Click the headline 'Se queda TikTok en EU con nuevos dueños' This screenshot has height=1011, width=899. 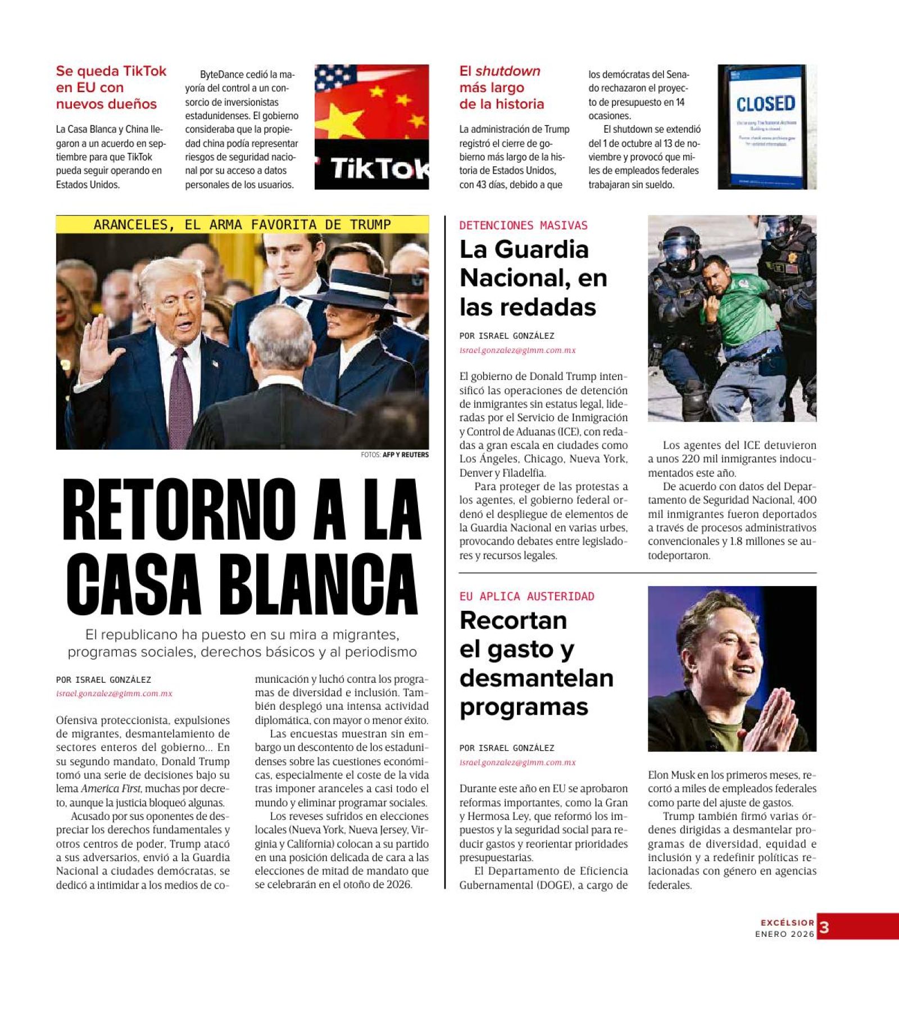pyautogui.click(x=111, y=88)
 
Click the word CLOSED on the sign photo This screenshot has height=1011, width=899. pyautogui.click(x=765, y=104)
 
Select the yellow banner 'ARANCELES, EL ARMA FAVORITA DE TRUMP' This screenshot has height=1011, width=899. pyautogui.click(x=242, y=225)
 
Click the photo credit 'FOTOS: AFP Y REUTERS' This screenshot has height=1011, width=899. pyautogui.click(x=394, y=455)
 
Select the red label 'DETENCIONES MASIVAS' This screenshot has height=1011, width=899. pyautogui.click(x=523, y=225)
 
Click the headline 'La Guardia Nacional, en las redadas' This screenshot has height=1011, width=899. pyautogui.click(x=533, y=278)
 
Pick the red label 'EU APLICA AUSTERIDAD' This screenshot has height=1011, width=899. pyautogui.click(x=526, y=596)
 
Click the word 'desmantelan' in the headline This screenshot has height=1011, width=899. pyautogui.click(x=536, y=678)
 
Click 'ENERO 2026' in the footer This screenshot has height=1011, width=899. pyautogui.click(x=784, y=934)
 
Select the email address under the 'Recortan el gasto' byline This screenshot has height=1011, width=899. pyautogui.click(x=517, y=763)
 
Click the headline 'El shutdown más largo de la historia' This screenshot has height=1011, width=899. pyautogui.click(x=501, y=88)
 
